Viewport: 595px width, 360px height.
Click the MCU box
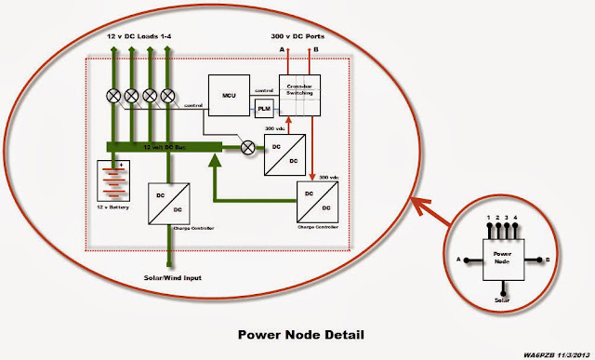pyautogui.click(x=226, y=94)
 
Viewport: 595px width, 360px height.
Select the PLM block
pyautogui.click(x=263, y=109)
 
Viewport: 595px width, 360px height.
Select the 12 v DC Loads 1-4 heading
pyautogui.click(x=139, y=34)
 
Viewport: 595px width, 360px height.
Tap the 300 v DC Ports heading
pyautogui.click(x=299, y=34)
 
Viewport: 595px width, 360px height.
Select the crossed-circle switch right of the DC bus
pyautogui.click(x=248, y=146)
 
